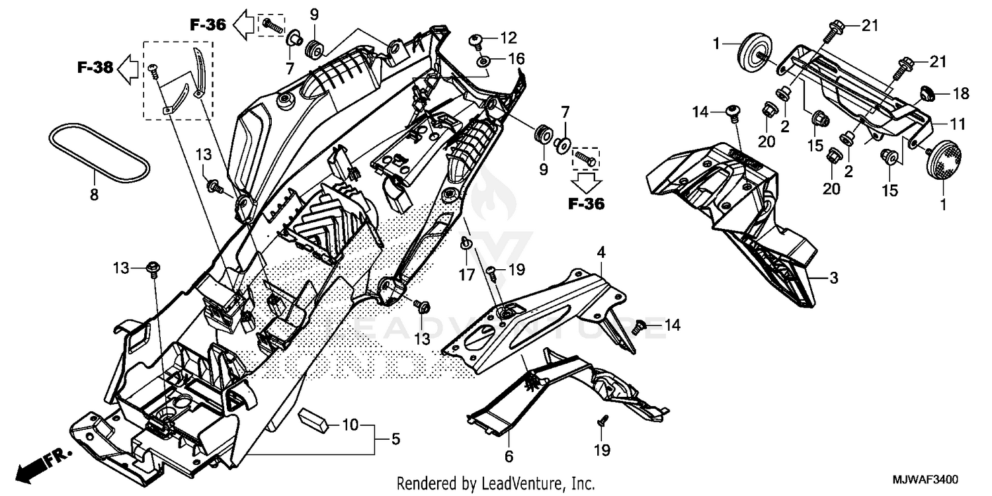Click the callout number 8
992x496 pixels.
point(94,194)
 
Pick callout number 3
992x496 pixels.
point(833,278)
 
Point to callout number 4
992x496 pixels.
point(601,252)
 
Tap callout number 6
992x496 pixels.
point(509,456)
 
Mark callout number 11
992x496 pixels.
point(958,124)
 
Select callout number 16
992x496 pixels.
point(516,60)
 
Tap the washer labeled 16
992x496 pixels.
point(483,62)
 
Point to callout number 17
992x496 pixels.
point(467,274)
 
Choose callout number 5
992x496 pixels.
point(395,438)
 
